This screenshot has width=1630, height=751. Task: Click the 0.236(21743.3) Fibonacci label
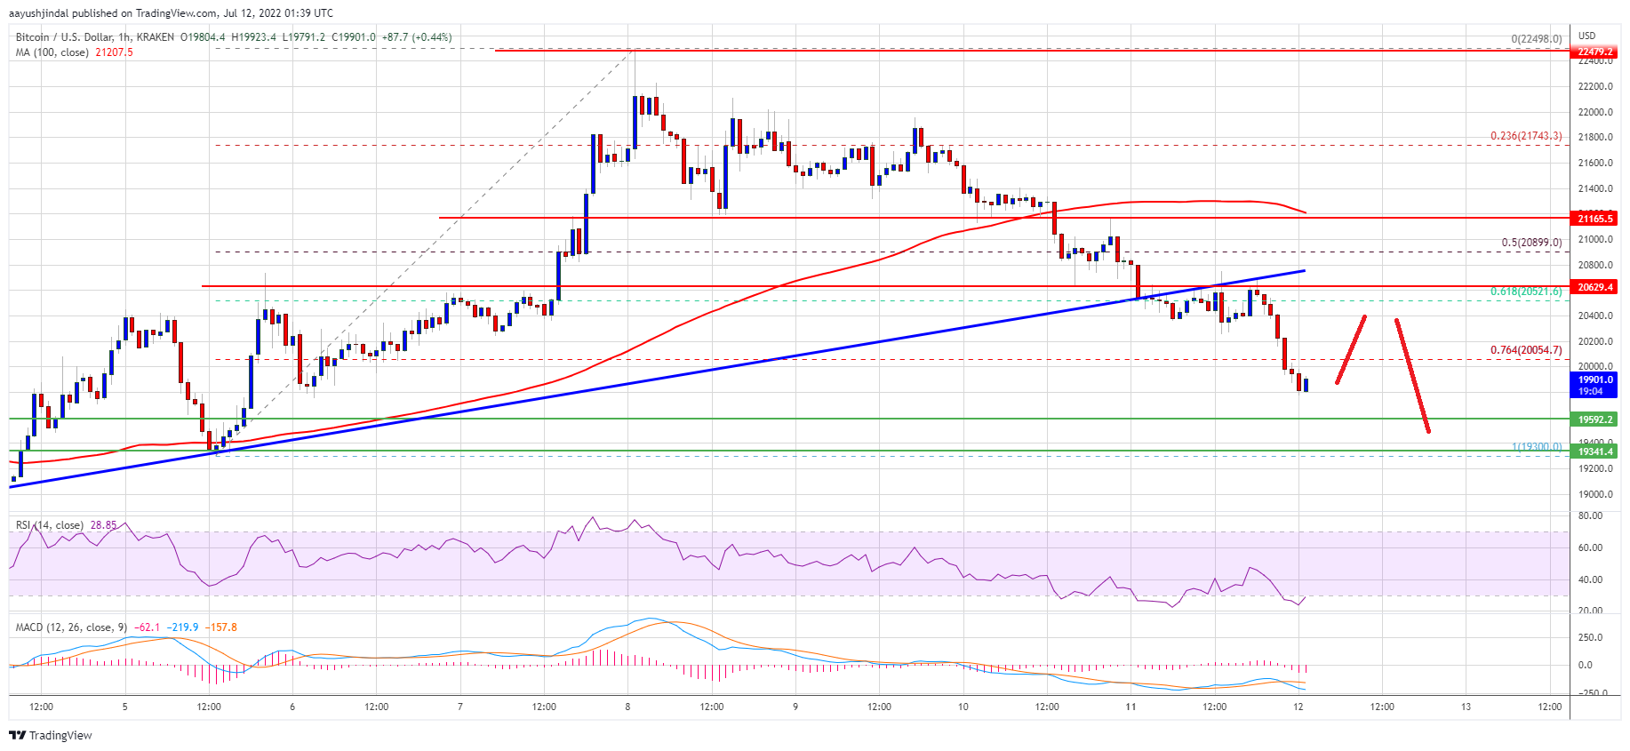click(x=1525, y=136)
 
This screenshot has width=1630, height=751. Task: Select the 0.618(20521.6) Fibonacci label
click(x=1525, y=292)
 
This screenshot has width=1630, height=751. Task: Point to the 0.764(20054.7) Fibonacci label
click(x=1525, y=350)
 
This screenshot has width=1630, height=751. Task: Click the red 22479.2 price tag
click(x=1595, y=52)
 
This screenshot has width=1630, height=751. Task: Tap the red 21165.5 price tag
click(x=1595, y=218)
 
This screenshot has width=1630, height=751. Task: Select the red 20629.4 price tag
click(x=1595, y=287)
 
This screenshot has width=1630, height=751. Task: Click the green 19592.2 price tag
click(x=1595, y=419)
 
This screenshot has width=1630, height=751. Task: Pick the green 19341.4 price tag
click(x=1595, y=451)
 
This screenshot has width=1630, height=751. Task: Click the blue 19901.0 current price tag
click(x=1595, y=380)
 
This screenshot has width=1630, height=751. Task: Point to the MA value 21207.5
click(x=114, y=52)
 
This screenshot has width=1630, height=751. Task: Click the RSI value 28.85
click(x=103, y=525)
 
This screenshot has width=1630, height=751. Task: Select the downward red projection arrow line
click(x=1412, y=375)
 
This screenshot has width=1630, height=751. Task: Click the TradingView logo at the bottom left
click(x=51, y=735)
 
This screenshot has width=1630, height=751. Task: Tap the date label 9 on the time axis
click(x=795, y=707)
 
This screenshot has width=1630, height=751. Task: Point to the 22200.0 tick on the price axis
click(x=1595, y=87)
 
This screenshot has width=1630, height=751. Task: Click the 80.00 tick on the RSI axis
click(x=1590, y=515)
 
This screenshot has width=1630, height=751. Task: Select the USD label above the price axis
click(x=1586, y=36)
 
